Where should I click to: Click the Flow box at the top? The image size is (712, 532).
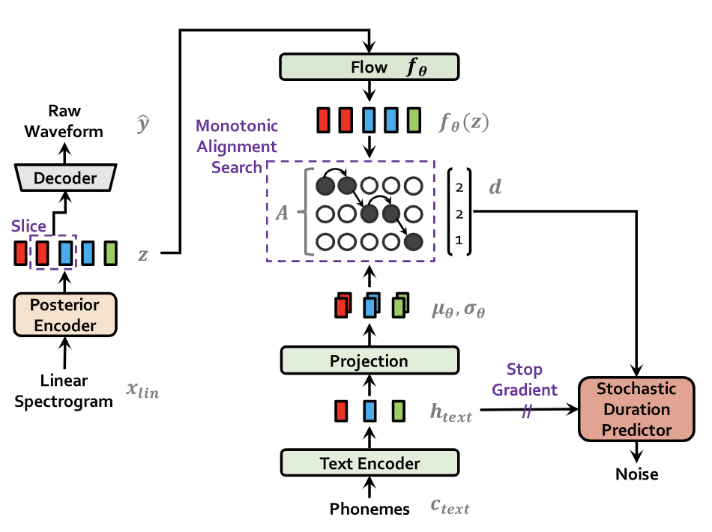tap(369, 67)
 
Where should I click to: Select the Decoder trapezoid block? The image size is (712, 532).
tap(66, 178)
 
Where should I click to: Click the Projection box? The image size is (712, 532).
tap(369, 360)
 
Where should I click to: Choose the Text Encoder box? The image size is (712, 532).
tap(369, 463)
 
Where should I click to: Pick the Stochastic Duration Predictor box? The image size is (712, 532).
tap(636, 410)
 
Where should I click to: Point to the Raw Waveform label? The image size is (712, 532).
tap(64, 121)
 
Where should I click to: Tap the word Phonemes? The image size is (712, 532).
tap(369, 509)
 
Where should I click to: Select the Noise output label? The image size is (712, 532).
tap(636, 474)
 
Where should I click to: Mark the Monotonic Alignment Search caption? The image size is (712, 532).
tap(236, 147)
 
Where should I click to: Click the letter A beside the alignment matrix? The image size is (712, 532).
tap(281, 214)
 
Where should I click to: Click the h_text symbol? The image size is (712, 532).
tap(450, 412)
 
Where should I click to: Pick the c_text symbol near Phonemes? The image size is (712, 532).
tap(450, 507)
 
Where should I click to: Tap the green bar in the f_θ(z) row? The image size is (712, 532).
tap(413, 120)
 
